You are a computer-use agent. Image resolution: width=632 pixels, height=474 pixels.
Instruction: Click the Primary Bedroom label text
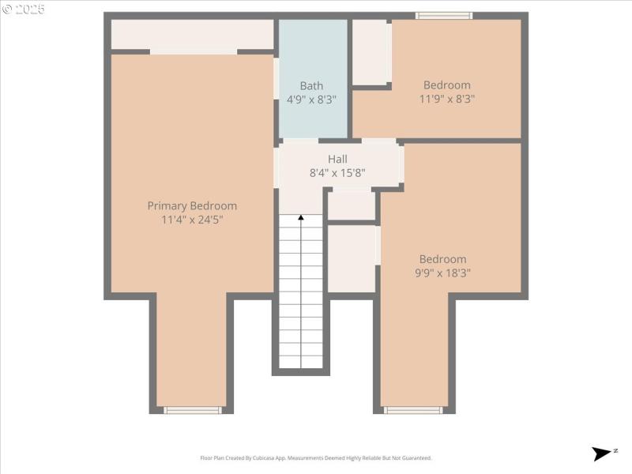(x=192, y=205)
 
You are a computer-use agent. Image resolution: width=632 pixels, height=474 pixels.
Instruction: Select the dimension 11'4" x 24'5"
(x=192, y=220)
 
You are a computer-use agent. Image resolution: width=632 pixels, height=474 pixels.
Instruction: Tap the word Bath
(x=311, y=85)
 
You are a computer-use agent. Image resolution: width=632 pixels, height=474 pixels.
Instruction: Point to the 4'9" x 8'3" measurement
(x=311, y=100)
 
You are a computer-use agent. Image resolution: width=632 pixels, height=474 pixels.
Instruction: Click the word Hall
(x=337, y=159)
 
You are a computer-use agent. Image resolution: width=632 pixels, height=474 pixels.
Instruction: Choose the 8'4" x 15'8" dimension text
(x=337, y=173)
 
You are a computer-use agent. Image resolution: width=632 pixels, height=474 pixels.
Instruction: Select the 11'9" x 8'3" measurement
(x=446, y=100)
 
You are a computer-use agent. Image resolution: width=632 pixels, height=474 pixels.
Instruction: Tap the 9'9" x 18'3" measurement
(x=442, y=273)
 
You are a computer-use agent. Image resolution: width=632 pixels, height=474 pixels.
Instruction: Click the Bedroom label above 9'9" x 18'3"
(x=442, y=259)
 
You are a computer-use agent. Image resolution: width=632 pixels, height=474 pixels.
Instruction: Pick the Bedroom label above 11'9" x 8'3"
(x=446, y=85)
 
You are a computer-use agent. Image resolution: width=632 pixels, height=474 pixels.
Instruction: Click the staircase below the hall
(x=301, y=292)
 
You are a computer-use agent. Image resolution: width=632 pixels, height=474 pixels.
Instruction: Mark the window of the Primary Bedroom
(x=192, y=410)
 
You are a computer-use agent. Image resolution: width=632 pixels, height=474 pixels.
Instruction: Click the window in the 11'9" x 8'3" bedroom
(x=444, y=16)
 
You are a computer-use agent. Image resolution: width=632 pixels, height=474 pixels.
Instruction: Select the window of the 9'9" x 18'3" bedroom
(x=412, y=410)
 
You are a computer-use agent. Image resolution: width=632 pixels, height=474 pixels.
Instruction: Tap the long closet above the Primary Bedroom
(x=192, y=35)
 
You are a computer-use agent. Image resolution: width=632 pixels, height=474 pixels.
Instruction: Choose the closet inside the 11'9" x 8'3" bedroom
(x=369, y=52)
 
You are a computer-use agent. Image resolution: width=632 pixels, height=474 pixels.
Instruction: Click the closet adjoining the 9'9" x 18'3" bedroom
(x=351, y=259)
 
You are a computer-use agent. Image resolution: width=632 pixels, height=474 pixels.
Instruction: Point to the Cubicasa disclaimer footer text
(x=316, y=458)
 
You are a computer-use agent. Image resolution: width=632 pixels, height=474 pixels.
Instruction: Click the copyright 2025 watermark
(x=24, y=9)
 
